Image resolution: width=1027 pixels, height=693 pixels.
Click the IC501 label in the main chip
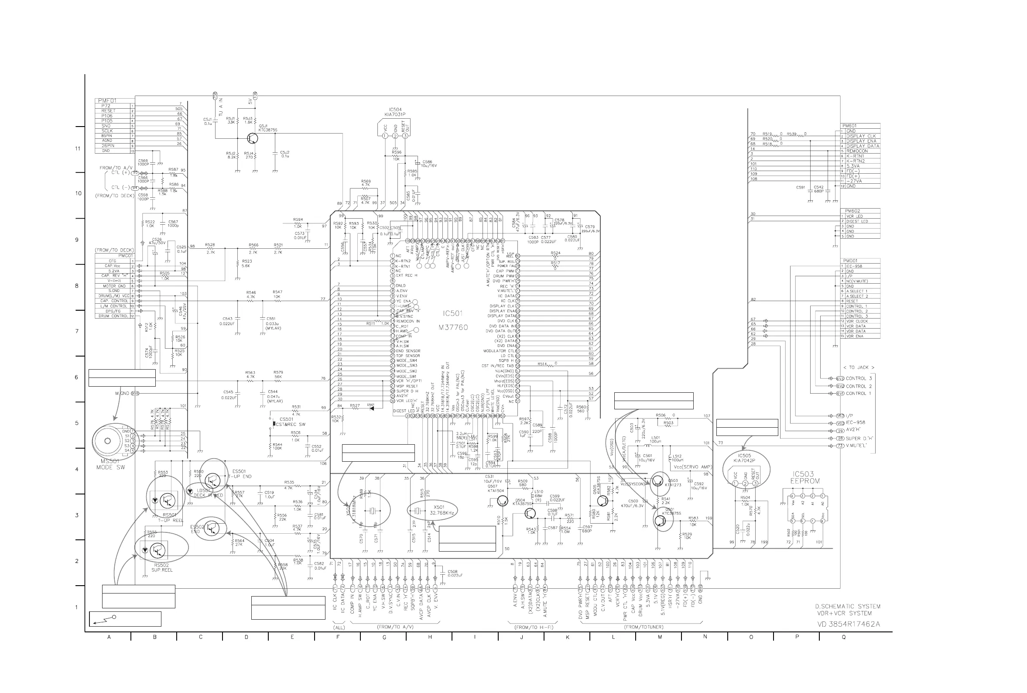[x=453, y=313]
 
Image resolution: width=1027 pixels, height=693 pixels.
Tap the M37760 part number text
[x=453, y=327]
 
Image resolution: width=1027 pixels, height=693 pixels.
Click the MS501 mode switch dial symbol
[x=108, y=441]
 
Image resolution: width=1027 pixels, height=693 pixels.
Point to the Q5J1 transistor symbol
[x=252, y=138]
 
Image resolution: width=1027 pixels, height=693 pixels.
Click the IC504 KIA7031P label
[x=395, y=112]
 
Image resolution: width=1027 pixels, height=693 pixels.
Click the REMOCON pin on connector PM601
[x=857, y=151]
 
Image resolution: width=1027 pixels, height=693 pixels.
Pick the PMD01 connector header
[x=850, y=261]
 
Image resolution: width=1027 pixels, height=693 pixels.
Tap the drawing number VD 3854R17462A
[x=848, y=624]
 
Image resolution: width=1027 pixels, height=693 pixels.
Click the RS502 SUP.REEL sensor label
[x=161, y=567]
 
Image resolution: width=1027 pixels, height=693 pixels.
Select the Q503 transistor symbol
[x=658, y=481]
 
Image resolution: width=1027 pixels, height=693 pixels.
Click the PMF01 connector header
[x=107, y=101]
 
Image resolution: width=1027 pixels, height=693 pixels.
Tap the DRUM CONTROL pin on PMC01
[x=113, y=316]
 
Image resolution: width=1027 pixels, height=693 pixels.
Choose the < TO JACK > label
[x=858, y=367]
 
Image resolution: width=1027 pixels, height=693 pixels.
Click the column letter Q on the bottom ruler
[x=843, y=637]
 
